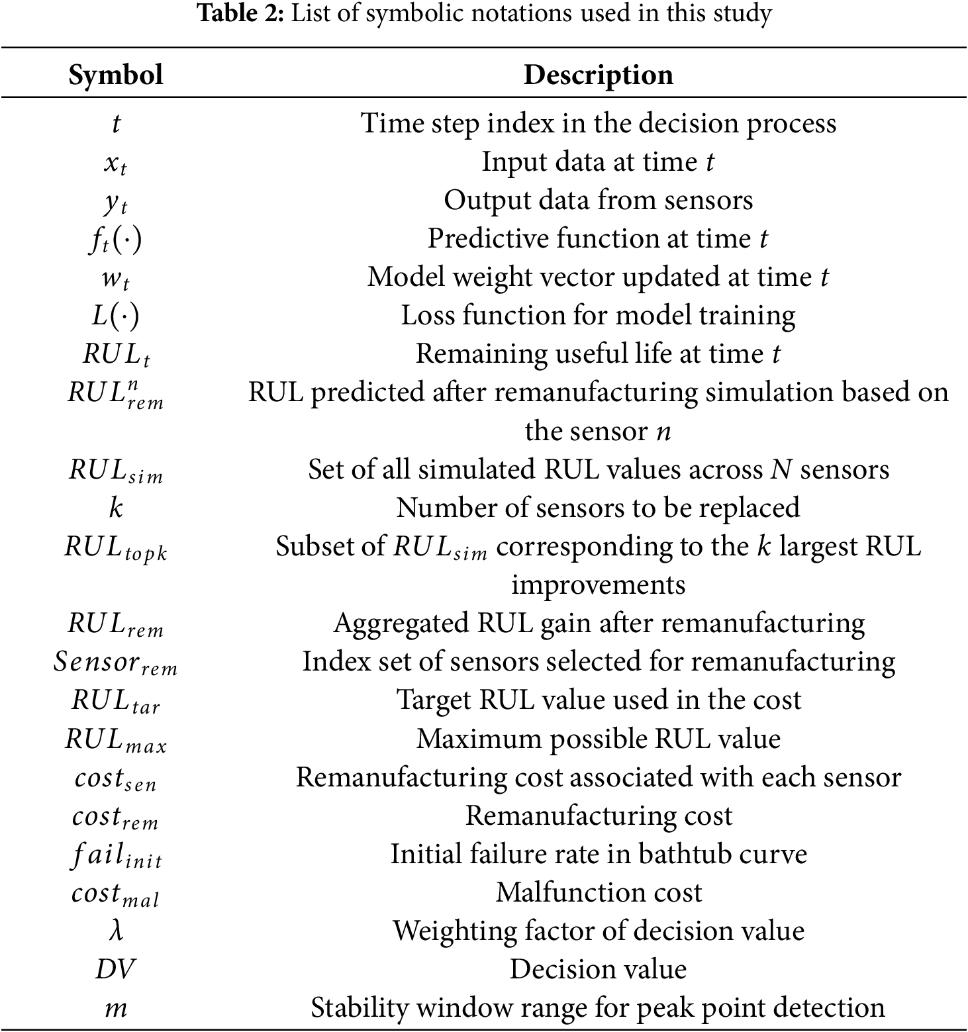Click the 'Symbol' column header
116,75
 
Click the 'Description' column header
598,75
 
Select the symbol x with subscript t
115,163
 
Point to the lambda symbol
116,931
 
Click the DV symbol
115,969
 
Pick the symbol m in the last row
116,1008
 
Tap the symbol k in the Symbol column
116,508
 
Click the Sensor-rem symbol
116,662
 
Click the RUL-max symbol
116,739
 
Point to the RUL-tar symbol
116,701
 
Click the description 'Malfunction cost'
599,892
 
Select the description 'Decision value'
599,969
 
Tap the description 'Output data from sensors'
599,201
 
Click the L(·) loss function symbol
116,316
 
